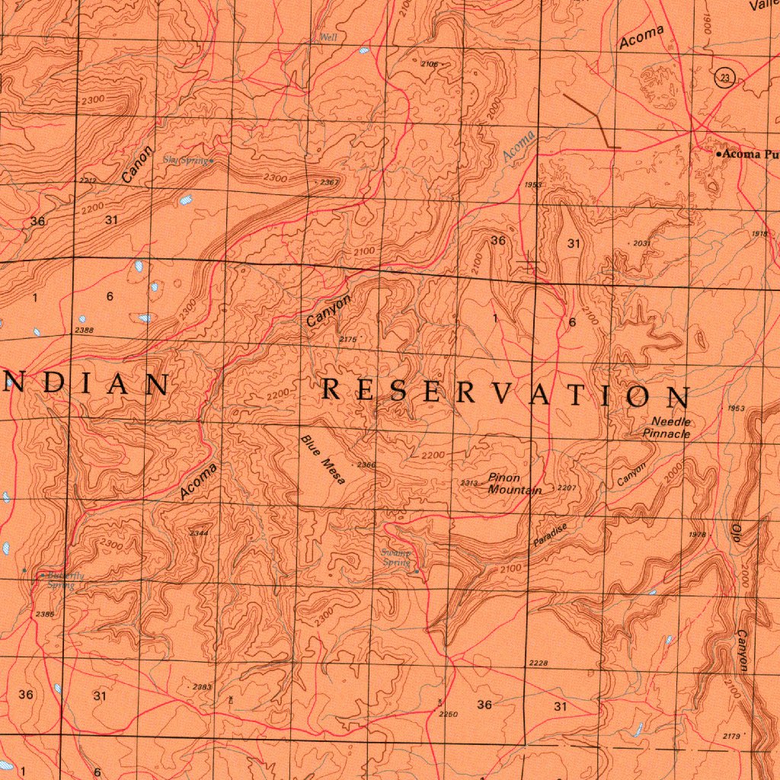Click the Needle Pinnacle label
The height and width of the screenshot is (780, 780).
668,427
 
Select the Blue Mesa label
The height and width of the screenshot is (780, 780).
323,459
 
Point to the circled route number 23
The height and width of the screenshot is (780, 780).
724,77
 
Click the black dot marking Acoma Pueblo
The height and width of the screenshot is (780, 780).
718,154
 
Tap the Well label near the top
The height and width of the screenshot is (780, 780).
328,37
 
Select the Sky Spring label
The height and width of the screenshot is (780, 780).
187,160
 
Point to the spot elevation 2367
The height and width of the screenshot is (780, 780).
329,182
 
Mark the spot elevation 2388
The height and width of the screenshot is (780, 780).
85,330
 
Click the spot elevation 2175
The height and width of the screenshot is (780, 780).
347,339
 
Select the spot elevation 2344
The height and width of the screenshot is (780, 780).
198,533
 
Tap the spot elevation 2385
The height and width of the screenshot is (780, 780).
44,614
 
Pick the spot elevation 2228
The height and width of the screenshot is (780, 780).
538,663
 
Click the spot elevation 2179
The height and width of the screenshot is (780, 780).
732,735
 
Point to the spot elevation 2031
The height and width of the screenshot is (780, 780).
641,243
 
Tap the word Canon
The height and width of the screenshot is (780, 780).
137,164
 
